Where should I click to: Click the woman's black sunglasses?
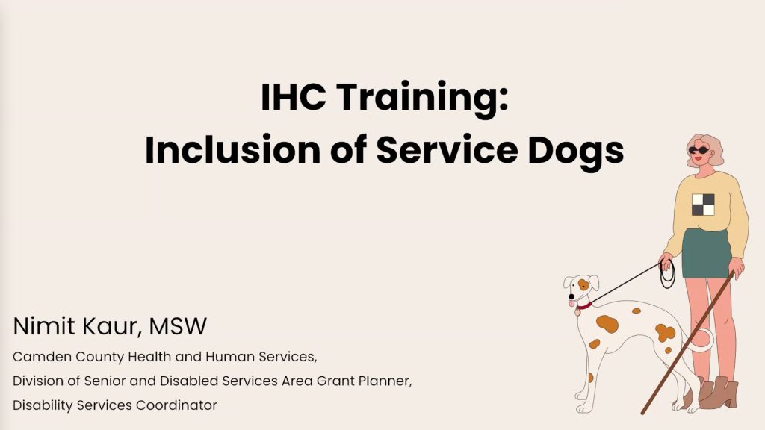[x=699, y=150]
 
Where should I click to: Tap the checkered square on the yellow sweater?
[x=703, y=205]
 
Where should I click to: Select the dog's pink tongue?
[x=573, y=303]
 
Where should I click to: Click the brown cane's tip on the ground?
[x=644, y=411]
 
